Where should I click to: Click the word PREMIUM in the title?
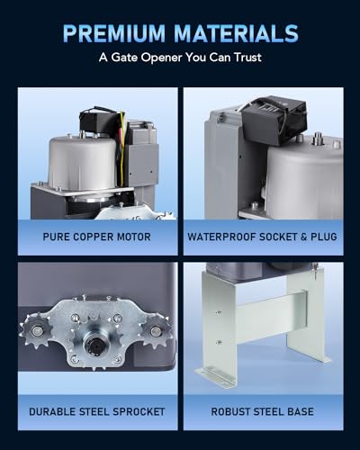[114, 33]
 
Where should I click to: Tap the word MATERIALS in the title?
[237, 33]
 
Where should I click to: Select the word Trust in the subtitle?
[248, 57]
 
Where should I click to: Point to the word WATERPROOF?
[221, 237]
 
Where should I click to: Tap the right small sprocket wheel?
[155, 331]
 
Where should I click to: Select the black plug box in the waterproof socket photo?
[274, 120]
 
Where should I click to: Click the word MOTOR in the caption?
[134, 237]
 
